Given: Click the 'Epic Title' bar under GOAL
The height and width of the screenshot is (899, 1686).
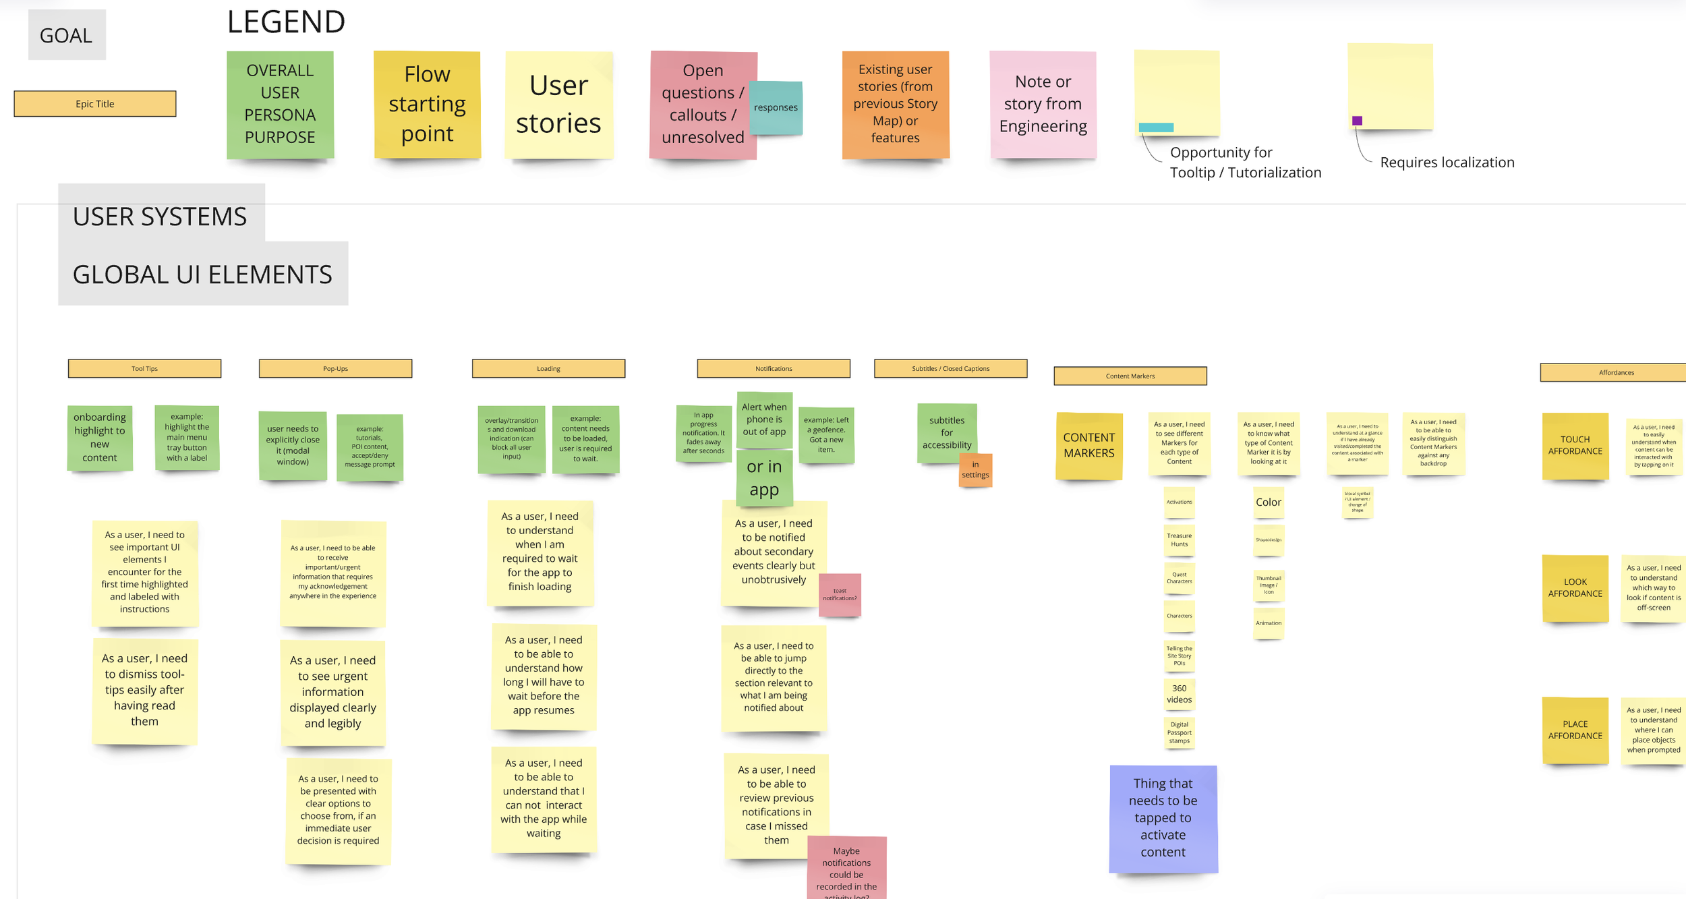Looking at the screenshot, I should pyautogui.click(x=94, y=104).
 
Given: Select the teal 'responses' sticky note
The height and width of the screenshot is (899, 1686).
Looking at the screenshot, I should pyautogui.click(x=776, y=107).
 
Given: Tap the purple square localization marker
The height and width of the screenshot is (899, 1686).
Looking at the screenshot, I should pyautogui.click(x=1357, y=121).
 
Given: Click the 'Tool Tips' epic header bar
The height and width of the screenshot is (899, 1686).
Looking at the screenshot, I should pyautogui.click(x=144, y=368).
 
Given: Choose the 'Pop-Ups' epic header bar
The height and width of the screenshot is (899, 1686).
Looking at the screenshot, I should pyautogui.click(x=335, y=368).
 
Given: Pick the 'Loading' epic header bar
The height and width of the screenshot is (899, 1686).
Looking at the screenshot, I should pyautogui.click(x=548, y=368).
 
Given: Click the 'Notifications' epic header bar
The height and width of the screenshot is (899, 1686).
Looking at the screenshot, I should pyautogui.click(x=774, y=368).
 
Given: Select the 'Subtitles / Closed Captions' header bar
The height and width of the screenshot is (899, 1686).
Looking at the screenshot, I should pyautogui.click(x=950, y=368).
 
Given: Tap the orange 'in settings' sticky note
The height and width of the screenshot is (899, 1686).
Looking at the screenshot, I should pyautogui.click(x=975, y=469).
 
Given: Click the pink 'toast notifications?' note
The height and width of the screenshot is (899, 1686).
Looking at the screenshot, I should pyautogui.click(x=840, y=594).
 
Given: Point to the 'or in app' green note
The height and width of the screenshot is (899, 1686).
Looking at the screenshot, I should pyautogui.click(x=764, y=478).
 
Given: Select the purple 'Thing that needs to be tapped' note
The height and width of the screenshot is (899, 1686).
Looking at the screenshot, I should pyautogui.click(x=1163, y=817).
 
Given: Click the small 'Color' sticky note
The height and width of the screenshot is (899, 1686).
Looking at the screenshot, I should pyautogui.click(x=1268, y=502).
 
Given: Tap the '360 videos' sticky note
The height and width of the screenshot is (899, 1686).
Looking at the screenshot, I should pyautogui.click(x=1179, y=694).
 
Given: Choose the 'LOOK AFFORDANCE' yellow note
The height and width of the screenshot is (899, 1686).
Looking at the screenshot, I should pyautogui.click(x=1575, y=587).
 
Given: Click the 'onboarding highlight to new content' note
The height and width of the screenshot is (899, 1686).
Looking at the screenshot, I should pyautogui.click(x=100, y=437).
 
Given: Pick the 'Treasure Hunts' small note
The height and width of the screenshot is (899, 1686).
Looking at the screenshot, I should pyautogui.click(x=1179, y=540).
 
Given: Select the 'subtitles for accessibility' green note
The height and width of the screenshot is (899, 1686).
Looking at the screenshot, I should pyautogui.click(x=946, y=432).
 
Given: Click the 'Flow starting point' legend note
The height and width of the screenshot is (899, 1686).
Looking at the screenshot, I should pyautogui.click(x=427, y=104).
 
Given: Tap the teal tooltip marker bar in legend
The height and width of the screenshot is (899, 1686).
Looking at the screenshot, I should pyautogui.click(x=1156, y=127).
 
